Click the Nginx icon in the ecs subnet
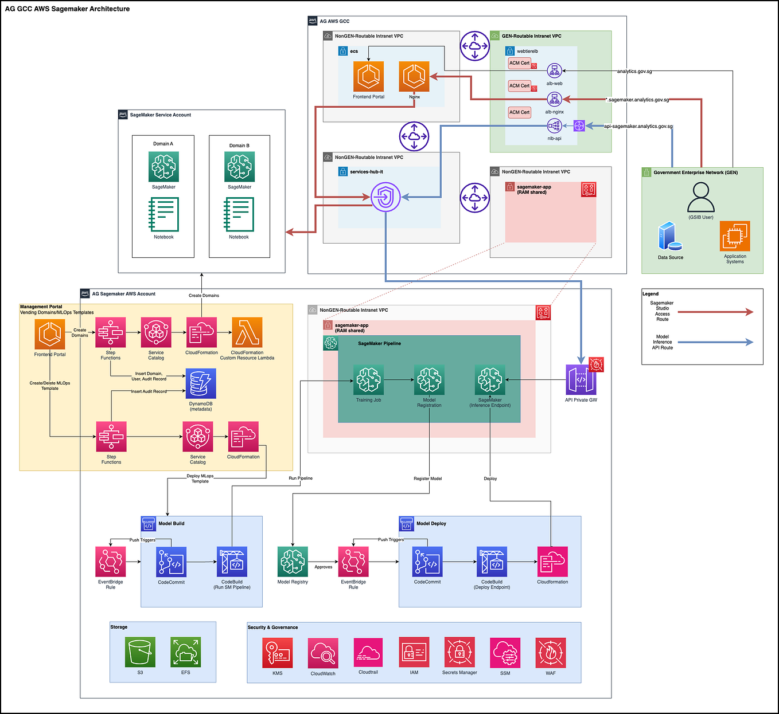(x=414, y=76)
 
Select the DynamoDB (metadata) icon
(x=201, y=383)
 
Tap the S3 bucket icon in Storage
(x=140, y=653)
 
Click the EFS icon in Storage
(x=185, y=653)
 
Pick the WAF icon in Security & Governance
(x=551, y=653)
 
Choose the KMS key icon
(x=278, y=653)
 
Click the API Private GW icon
(x=581, y=380)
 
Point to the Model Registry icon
(x=293, y=562)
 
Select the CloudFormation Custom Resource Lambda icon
(x=247, y=332)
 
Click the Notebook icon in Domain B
(x=239, y=214)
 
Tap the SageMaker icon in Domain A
(x=163, y=167)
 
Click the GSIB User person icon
(x=701, y=197)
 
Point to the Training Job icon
(x=368, y=380)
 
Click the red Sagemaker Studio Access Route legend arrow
(x=715, y=312)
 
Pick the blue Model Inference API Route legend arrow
(x=715, y=342)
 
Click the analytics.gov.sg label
(x=634, y=72)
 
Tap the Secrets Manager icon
(x=459, y=653)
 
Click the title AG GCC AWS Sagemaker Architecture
(x=68, y=9)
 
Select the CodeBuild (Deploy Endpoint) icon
(x=492, y=562)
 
